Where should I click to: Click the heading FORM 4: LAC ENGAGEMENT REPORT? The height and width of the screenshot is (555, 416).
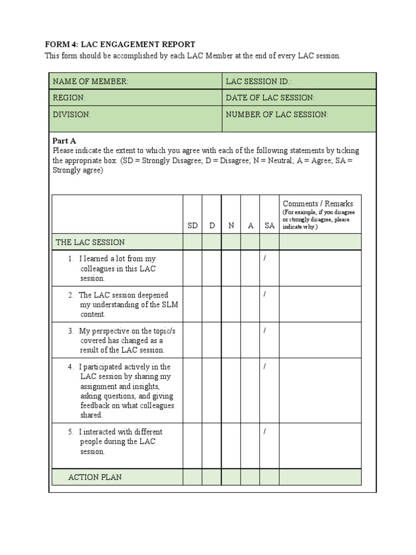coord(119,44)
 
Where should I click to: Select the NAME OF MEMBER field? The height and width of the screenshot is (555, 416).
coord(135,81)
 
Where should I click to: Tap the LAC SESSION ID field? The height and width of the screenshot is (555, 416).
coord(299,81)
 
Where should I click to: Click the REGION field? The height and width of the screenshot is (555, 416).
coord(135,98)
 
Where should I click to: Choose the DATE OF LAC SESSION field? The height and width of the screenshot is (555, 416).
coord(299,98)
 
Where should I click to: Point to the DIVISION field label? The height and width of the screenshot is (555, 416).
coord(71,114)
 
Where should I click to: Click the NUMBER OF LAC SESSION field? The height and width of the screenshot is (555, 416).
coord(299,118)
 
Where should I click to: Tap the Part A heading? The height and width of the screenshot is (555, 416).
coord(64,141)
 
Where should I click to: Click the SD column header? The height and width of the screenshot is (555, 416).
coord(192,226)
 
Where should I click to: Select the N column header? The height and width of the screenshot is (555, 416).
coord(231,226)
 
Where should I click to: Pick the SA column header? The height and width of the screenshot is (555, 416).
coord(269,226)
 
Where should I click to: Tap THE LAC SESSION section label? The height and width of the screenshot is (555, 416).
coord(90,242)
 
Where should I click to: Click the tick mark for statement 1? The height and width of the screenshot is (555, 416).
coord(265,259)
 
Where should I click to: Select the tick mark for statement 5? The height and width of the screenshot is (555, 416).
coord(265,431)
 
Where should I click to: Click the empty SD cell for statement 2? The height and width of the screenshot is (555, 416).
coord(192,304)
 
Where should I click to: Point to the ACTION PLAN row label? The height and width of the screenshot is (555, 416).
coord(95,477)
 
